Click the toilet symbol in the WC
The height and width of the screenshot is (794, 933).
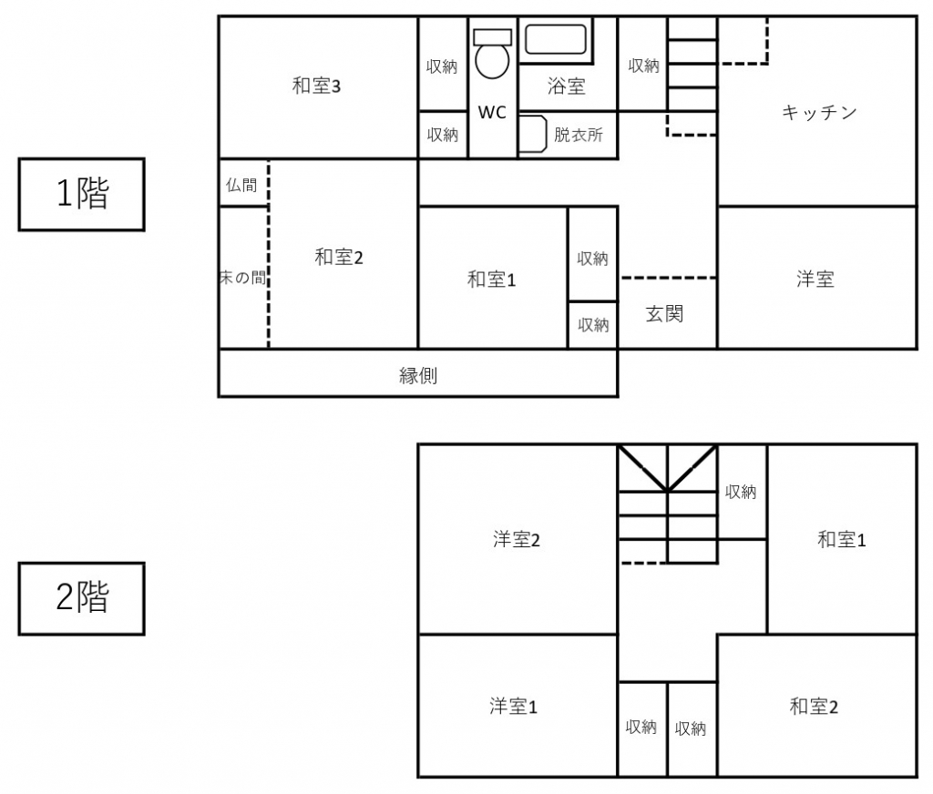point(492,54)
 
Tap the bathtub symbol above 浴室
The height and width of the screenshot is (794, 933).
point(556,40)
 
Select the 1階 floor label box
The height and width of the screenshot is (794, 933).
point(81,194)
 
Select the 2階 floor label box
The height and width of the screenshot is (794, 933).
point(81,598)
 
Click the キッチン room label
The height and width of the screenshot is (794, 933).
point(819,112)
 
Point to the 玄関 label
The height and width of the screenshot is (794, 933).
point(664,313)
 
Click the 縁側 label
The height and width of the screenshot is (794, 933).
point(417,375)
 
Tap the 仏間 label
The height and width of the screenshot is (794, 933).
point(241,186)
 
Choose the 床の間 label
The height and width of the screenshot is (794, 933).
point(242,277)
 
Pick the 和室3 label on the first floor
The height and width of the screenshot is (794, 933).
point(316,87)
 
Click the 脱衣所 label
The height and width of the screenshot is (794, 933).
point(579,135)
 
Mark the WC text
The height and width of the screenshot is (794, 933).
point(492,112)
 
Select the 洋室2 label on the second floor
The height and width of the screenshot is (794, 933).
point(517,539)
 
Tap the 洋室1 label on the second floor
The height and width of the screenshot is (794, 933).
point(513,707)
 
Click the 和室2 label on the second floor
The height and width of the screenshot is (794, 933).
point(814,707)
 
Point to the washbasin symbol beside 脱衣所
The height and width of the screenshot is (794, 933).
point(533,134)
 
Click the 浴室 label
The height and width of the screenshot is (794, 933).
point(567,87)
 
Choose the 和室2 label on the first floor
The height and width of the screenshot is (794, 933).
point(339,258)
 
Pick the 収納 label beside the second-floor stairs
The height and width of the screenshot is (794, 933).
point(741,492)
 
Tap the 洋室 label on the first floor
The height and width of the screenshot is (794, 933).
point(815,279)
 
